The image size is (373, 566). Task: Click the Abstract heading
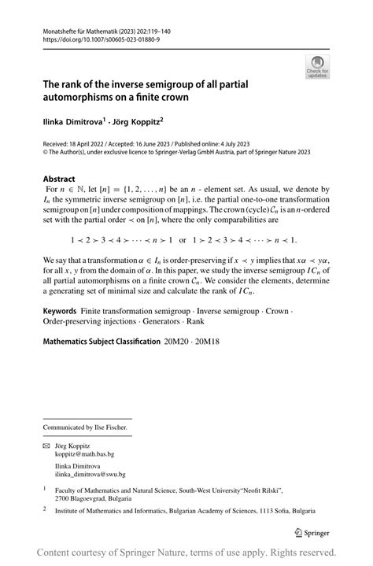click(x=59, y=179)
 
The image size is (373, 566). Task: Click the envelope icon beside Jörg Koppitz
click(x=46, y=446)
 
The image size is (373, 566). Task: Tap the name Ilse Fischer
click(x=109, y=427)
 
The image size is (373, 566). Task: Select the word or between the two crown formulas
click(x=183, y=239)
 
